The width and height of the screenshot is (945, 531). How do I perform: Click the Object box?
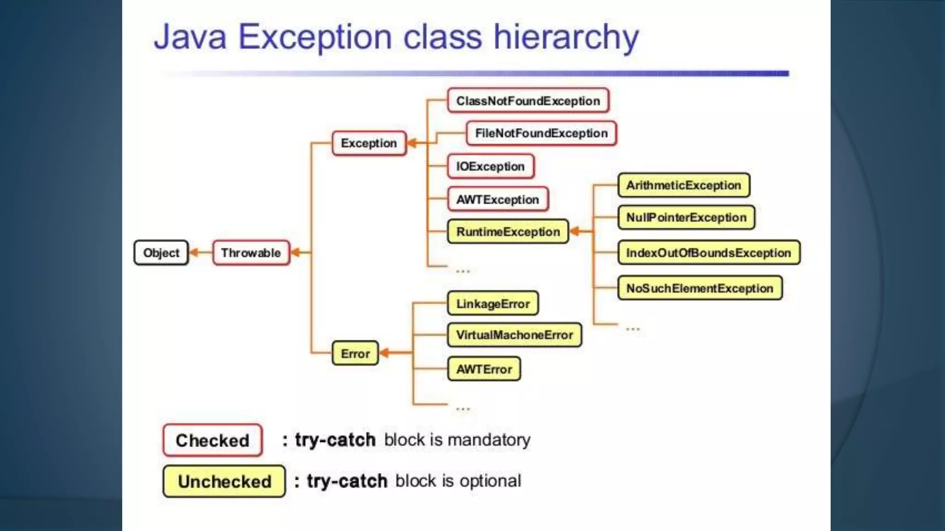click(161, 253)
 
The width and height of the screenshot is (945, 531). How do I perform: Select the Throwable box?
click(251, 253)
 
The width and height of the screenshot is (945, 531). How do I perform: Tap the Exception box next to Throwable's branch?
click(368, 143)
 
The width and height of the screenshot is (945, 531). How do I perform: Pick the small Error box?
click(355, 354)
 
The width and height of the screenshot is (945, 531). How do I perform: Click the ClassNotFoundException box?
click(528, 101)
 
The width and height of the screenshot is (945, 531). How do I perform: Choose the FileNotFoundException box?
click(541, 133)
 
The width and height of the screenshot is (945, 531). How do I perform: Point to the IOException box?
click(490, 166)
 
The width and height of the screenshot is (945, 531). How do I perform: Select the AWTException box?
click(497, 200)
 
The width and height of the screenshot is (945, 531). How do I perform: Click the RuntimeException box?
click(508, 231)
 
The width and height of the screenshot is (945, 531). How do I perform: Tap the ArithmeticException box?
click(683, 185)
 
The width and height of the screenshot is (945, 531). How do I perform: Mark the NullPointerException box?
click(686, 218)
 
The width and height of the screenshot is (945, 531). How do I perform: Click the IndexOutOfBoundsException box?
click(708, 253)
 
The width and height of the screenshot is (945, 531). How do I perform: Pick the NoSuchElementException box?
click(700, 288)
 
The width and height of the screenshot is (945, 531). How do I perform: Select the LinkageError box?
click(493, 304)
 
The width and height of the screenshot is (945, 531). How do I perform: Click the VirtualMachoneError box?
click(514, 335)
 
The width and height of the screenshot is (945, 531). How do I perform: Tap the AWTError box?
click(484, 369)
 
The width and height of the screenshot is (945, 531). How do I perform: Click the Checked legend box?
click(212, 440)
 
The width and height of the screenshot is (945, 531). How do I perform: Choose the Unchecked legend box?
click(224, 481)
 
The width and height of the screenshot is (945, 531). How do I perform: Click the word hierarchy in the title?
click(566, 37)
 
